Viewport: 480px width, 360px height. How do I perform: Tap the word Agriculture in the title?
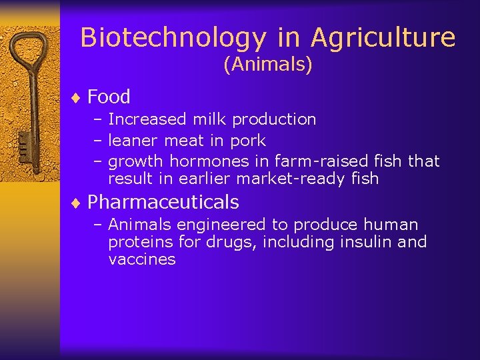383,38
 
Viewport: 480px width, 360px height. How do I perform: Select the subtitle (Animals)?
268,65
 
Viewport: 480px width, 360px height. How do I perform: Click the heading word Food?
109,97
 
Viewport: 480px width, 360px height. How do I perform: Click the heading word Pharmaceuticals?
163,202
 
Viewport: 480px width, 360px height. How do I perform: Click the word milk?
207,119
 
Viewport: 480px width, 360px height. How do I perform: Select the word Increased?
147,119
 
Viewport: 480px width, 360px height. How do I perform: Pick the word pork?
248,141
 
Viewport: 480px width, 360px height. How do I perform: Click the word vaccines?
141,259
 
